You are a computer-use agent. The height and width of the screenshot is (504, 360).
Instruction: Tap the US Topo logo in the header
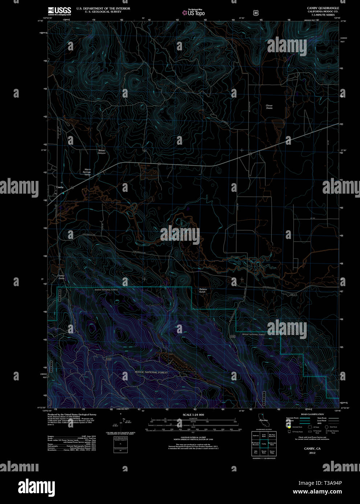coord(193,13)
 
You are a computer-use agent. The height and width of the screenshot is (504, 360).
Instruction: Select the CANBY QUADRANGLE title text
coord(323,8)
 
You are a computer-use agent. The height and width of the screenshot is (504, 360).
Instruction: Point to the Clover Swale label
coord(269,107)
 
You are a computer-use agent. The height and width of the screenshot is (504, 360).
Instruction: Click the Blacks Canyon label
coord(102,152)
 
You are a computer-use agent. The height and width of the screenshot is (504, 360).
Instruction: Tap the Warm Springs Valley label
coord(87,172)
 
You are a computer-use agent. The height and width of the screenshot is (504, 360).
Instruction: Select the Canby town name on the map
coord(60,187)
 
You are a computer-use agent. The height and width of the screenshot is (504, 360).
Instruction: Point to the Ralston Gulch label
coord(202,290)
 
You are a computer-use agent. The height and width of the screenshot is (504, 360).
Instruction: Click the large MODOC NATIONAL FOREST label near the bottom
coord(151,372)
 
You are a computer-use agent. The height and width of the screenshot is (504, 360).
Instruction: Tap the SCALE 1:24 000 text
coord(193,415)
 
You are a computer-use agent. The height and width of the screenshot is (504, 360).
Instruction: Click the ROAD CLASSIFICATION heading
coord(312,414)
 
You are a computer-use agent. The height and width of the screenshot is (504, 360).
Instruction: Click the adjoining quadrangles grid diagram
coord(264,443)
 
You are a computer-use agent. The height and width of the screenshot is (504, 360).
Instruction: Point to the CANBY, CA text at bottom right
coord(312,449)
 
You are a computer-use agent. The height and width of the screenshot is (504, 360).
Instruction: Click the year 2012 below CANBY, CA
coord(312,453)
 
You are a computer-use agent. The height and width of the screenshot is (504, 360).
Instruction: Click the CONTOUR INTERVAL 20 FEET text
coord(193,438)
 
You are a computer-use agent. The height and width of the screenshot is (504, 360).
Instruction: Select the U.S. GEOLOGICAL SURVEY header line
coord(103,12)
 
